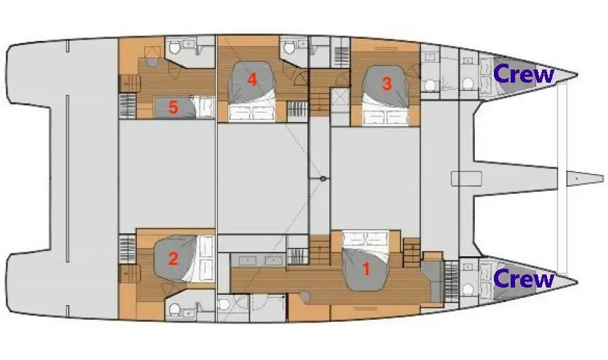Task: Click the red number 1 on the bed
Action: pyautogui.click(x=366, y=269)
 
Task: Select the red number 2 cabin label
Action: pyautogui.click(x=173, y=259)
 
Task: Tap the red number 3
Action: pyautogui.click(x=386, y=84)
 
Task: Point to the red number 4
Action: pyautogui.click(x=252, y=80)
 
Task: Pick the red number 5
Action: pyautogui.click(x=173, y=108)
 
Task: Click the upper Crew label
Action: pyautogui.click(x=523, y=74)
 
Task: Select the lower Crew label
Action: pyautogui.click(x=523, y=278)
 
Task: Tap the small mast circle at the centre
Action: pyautogui.click(x=323, y=179)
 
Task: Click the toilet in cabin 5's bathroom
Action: pyautogui.click(x=173, y=48)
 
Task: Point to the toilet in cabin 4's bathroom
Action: pyautogui.click(x=288, y=48)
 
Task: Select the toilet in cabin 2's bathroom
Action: pyautogui.click(x=174, y=310)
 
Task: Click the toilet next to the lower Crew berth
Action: pyautogui.click(x=468, y=290)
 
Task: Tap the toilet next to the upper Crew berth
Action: pyautogui.click(x=468, y=83)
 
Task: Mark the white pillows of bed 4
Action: pyautogui.click(x=252, y=113)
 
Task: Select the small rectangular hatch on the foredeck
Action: pyautogui.click(x=467, y=179)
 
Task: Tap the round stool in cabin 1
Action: pyautogui.click(x=306, y=297)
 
